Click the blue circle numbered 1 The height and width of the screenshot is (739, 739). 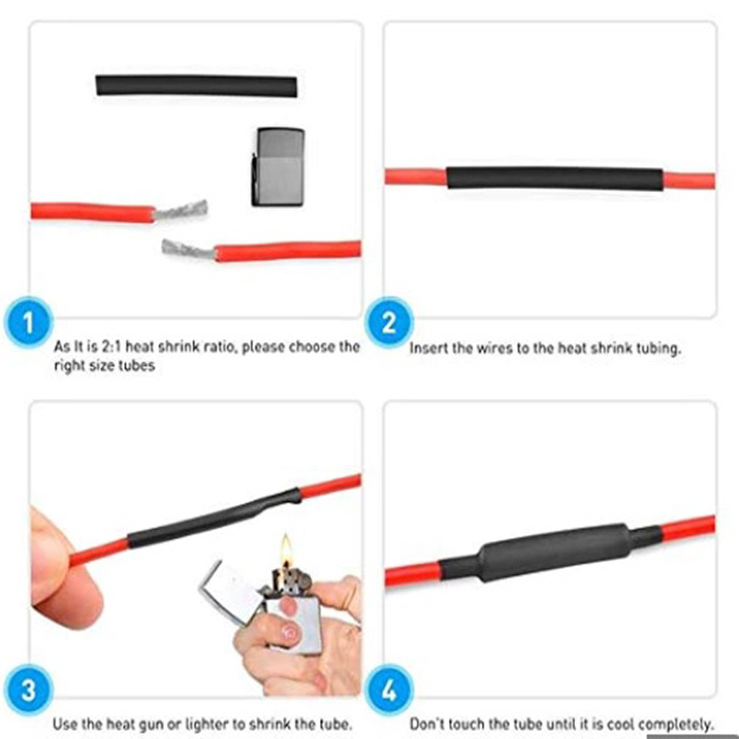point(28,323)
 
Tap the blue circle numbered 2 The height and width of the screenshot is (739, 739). point(389,323)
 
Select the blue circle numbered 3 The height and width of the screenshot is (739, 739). point(28,690)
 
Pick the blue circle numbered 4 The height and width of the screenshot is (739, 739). point(389,690)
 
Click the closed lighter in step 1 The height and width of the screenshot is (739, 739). point(279,167)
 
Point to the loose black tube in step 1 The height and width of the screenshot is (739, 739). point(197,86)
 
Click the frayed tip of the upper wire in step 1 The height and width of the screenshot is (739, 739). point(182,210)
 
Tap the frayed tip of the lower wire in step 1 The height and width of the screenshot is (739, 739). point(188,250)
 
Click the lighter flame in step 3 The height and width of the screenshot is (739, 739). point(285,551)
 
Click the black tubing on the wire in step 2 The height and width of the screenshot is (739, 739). point(555,178)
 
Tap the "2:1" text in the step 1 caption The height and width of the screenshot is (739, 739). point(112,347)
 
